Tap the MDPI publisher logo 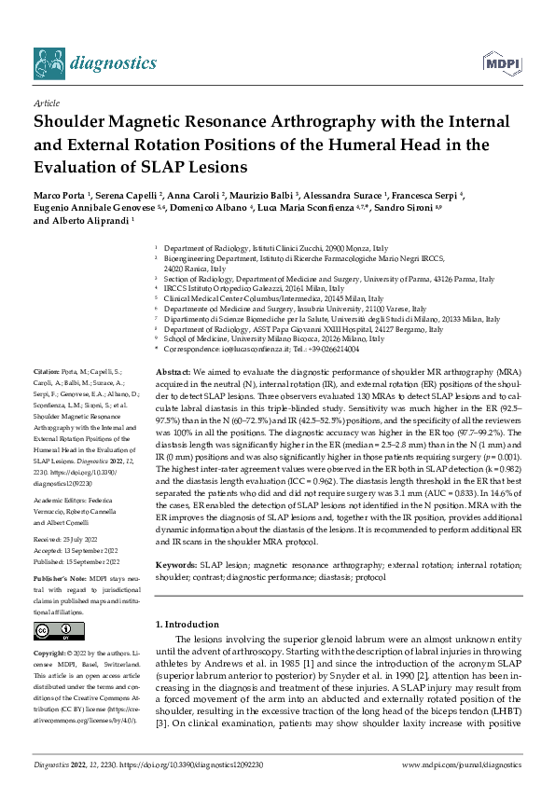(496, 62)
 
